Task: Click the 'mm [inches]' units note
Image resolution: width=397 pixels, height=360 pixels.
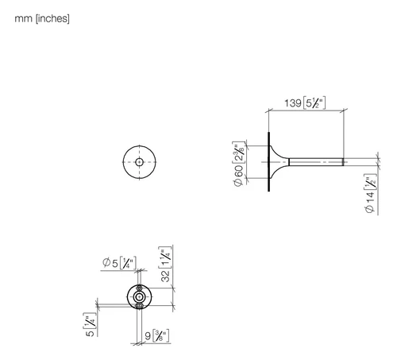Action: point(42,19)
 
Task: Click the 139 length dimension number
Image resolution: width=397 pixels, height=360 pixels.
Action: point(293,103)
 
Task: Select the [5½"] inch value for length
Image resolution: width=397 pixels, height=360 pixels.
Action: point(314,103)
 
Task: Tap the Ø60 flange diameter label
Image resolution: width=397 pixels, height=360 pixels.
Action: point(238,175)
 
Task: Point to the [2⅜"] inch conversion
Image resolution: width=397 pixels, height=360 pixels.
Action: point(238,153)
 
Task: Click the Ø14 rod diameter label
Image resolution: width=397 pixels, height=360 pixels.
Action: point(370,202)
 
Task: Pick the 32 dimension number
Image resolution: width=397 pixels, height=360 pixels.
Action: point(165,276)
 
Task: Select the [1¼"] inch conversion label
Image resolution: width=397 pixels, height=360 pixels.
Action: point(165,257)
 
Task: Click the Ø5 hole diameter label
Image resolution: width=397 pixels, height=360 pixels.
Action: point(110,263)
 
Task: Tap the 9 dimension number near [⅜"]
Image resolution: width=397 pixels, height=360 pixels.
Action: point(148,336)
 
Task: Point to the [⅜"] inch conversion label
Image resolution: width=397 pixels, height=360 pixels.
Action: point(160,336)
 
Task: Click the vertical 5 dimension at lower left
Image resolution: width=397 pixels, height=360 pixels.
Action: point(90,333)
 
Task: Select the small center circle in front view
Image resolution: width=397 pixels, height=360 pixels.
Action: point(140,162)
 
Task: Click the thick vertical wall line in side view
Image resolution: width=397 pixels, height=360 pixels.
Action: point(269,161)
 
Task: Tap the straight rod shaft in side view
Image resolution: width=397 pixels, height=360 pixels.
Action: point(316,162)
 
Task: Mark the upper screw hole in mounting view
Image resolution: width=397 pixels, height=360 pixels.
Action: point(139,288)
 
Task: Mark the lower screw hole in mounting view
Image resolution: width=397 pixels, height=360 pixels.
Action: point(139,306)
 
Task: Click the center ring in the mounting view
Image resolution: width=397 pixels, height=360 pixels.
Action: point(139,297)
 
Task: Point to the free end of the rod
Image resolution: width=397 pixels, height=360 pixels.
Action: point(344,162)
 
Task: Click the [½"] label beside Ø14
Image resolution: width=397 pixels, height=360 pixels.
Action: point(370,182)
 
